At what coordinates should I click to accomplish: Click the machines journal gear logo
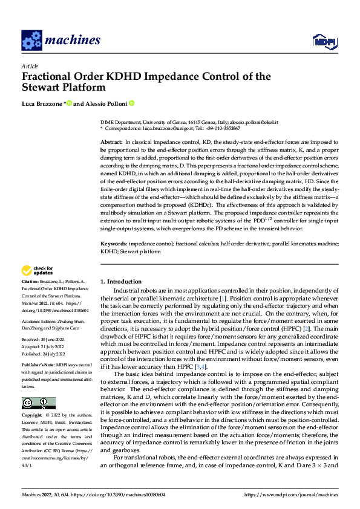(x=31, y=41)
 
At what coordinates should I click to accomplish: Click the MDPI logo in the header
(x=324, y=41)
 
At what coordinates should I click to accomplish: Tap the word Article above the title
(x=29, y=65)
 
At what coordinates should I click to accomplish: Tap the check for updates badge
(x=36, y=270)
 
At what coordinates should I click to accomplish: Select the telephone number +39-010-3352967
(x=221, y=129)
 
